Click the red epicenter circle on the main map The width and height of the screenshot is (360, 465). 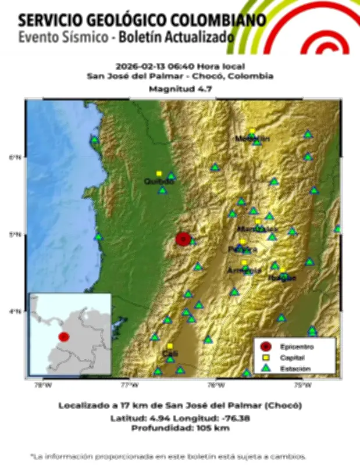point(183,238)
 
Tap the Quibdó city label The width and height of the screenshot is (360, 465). point(159,181)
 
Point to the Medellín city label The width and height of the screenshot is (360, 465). point(252,138)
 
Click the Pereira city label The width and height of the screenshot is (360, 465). point(238,249)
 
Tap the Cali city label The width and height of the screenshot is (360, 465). point(170,353)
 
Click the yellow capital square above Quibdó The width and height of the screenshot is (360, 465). point(159,173)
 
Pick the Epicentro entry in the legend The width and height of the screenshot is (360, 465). point(293,347)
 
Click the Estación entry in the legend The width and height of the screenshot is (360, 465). point(294,368)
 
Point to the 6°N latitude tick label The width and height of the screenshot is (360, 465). point(16,157)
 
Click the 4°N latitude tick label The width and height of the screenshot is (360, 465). point(16,312)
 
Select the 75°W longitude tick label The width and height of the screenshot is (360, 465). point(302,384)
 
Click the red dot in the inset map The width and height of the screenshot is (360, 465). point(64,337)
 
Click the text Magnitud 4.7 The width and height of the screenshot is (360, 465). point(180,89)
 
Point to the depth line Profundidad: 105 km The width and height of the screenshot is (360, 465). point(180,428)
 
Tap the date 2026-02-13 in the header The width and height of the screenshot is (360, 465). point(137,66)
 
